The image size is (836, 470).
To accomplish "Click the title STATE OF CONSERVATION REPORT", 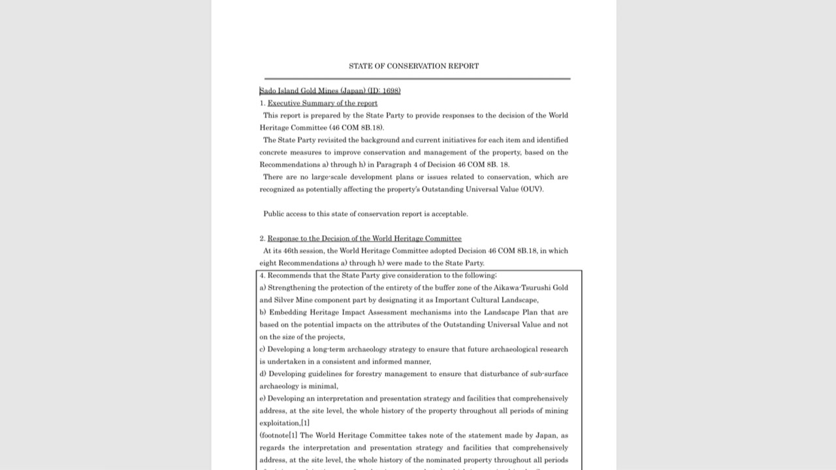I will pyautogui.click(x=413, y=66).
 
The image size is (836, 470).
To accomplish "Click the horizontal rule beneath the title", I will pyautogui.click(x=417, y=78).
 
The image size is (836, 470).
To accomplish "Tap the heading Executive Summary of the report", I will pyautogui.click(x=322, y=103).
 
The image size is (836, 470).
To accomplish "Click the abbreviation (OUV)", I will pyautogui.click(x=532, y=189).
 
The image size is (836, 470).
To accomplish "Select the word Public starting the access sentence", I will pyautogui.click(x=274, y=214).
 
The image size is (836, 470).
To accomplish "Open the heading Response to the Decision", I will pyautogui.click(x=364, y=238).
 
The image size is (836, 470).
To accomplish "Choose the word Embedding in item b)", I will pyautogui.click(x=287, y=313).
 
